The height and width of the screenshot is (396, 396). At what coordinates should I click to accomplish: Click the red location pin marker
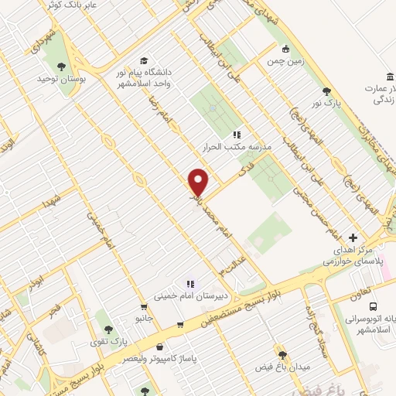[x=199, y=183]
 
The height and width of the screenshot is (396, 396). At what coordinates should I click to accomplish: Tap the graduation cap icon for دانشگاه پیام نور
[x=144, y=60]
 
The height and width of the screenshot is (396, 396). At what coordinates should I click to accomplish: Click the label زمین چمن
[x=285, y=60]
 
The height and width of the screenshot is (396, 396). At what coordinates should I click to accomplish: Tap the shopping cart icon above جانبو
[x=144, y=306]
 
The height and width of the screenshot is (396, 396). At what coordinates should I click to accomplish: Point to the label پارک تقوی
[x=108, y=341]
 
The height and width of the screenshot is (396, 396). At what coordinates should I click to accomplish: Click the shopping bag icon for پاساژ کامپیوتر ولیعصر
[x=160, y=347]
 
